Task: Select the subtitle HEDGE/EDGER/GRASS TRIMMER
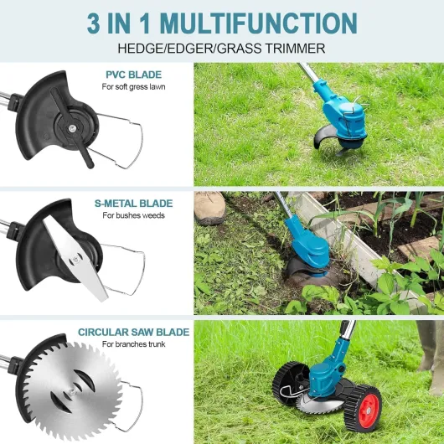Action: (x=221, y=49)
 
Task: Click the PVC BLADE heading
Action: (x=133, y=75)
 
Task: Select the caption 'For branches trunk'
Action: (x=134, y=344)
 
